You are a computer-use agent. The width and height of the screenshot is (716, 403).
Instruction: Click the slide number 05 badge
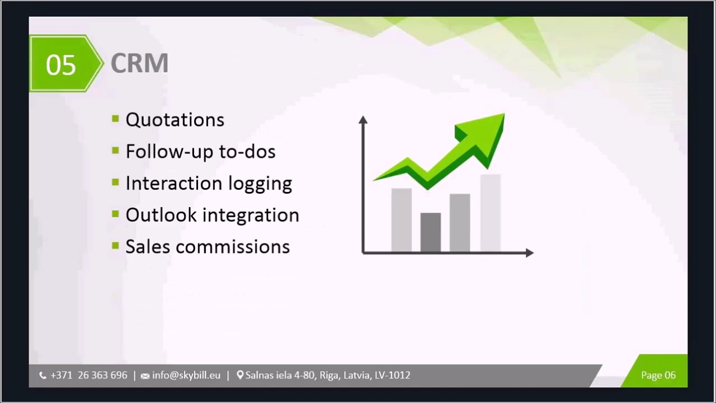click(x=61, y=64)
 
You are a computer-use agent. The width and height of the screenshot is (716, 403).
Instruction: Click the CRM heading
click(x=139, y=63)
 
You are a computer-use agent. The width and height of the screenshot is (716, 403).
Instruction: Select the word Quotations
click(x=175, y=120)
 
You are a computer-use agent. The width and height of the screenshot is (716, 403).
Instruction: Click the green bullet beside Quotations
click(x=115, y=119)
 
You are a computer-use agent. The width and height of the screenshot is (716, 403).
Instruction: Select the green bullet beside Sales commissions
click(x=115, y=246)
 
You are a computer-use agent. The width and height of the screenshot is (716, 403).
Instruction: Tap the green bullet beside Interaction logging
click(x=115, y=182)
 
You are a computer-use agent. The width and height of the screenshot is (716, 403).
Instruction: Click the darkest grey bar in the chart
click(x=430, y=232)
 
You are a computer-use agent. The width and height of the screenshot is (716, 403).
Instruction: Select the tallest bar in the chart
click(x=490, y=213)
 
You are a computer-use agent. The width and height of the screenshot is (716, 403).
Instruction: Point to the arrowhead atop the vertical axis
click(x=363, y=119)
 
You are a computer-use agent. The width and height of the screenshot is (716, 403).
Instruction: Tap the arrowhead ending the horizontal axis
click(x=529, y=253)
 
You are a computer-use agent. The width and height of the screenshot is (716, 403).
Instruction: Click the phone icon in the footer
click(x=43, y=376)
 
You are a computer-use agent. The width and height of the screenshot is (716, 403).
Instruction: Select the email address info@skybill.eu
click(x=186, y=376)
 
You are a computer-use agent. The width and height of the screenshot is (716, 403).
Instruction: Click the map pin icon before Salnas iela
click(x=240, y=375)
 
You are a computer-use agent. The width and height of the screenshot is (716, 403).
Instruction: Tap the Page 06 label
click(x=658, y=376)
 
